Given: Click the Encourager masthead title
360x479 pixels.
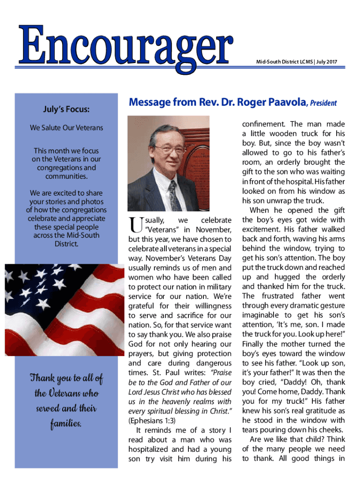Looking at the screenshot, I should coord(125,44).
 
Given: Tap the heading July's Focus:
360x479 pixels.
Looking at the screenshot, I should coord(66,109).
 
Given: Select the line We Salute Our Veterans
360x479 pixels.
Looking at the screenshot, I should coord(66,128).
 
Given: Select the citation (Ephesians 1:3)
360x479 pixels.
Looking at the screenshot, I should coord(152,421).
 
